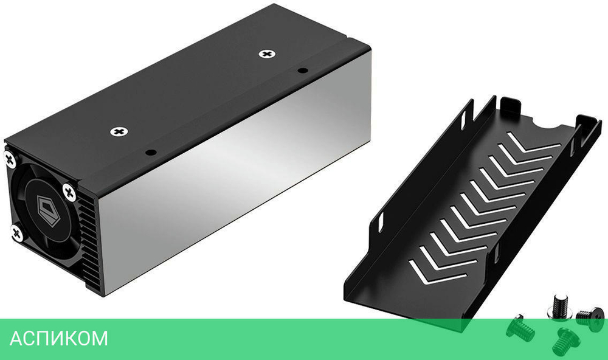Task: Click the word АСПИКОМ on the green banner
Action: pyautogui.click(x=58, y=339)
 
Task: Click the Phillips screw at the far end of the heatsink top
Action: pyautogui.click(x=266, y=54)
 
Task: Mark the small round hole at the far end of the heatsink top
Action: pyautogui.click(x=300, y=71)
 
